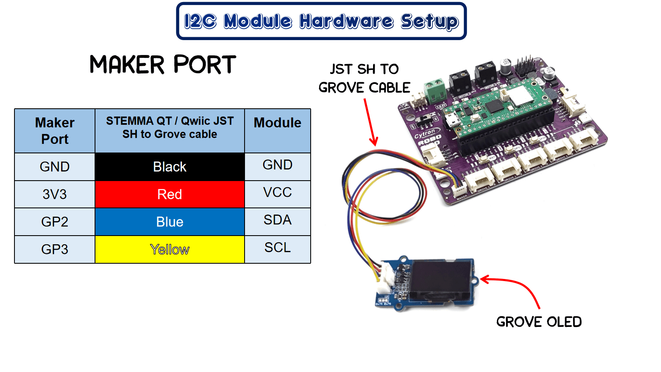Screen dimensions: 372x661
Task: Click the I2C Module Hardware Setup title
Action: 321,21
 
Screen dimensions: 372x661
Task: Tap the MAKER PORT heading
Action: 163,65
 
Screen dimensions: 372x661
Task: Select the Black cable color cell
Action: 169,167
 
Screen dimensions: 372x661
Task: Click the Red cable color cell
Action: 169,194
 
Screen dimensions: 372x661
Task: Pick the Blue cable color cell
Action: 169,222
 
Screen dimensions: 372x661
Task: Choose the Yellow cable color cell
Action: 169,249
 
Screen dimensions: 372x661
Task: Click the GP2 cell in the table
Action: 55,222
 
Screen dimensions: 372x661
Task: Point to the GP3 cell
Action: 55,249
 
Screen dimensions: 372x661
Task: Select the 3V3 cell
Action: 55,194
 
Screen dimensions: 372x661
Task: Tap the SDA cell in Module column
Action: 277,220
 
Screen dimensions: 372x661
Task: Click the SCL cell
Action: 277,248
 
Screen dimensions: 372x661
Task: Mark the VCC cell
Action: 277,192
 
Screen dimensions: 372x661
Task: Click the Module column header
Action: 277,123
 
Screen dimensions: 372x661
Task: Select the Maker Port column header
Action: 55,131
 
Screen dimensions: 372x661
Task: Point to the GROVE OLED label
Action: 539,322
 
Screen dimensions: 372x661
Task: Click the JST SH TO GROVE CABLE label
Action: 364,78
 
